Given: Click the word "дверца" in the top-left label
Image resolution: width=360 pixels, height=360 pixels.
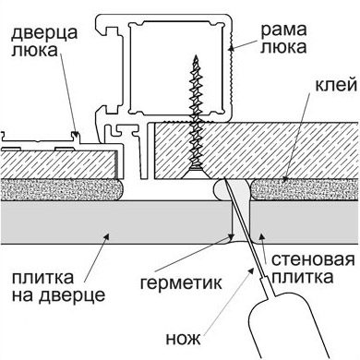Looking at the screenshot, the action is click(44, 33).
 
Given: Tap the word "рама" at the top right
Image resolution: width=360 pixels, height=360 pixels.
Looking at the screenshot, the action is click(284, 30).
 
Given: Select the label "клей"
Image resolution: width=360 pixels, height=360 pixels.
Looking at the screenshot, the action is click(336, 85).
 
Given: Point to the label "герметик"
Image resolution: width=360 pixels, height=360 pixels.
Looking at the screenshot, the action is click(181, 282).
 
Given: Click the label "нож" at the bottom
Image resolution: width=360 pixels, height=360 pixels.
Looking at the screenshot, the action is click(184, 339).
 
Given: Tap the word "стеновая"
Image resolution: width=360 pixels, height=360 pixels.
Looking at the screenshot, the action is click(313, 259).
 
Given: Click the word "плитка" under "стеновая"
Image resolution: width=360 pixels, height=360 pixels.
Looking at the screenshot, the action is click(302, 277).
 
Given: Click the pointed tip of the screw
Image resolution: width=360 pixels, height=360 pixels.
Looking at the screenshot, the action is click(195, 56).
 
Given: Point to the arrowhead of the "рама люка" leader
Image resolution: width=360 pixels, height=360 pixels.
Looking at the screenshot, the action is click(232, 48).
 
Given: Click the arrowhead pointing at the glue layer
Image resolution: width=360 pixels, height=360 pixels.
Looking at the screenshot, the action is click(285, 178).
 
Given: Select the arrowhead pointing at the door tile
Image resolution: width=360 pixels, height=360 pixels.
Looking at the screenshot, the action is click(106, 236).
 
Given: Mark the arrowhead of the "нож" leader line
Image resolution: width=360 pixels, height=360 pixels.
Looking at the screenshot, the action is click(252, 270).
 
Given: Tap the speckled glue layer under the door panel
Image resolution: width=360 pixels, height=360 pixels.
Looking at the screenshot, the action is click(62, 190).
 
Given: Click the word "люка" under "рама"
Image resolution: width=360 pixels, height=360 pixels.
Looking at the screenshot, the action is click(283, 47).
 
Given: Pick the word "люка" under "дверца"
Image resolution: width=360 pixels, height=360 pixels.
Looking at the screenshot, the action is click(34, 50).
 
